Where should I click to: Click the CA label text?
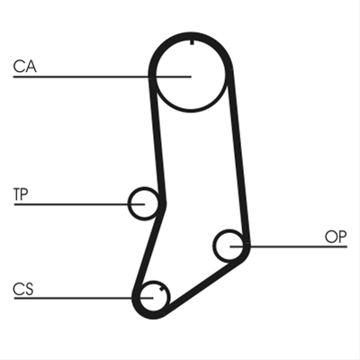tap(24, 67)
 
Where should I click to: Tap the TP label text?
tap(21, 194)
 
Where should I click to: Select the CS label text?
tap(23, 289)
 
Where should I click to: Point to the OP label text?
tap(336, 237)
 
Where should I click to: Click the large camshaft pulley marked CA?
tap(156, 90)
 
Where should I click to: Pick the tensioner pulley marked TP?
tap(130, 204)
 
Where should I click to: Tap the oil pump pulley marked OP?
tap(215, 246)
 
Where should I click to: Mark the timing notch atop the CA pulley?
tap(192, 42)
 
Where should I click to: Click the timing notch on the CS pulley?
tap(162, 289)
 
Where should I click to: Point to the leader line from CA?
tap(102, 76)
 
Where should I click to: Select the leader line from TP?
tap(79, 204)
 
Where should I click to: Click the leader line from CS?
tap(84, 298)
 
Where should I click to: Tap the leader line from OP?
tap(289, 247)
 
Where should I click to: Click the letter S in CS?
tap(29, 289)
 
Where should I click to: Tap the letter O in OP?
tap(331, 237)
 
